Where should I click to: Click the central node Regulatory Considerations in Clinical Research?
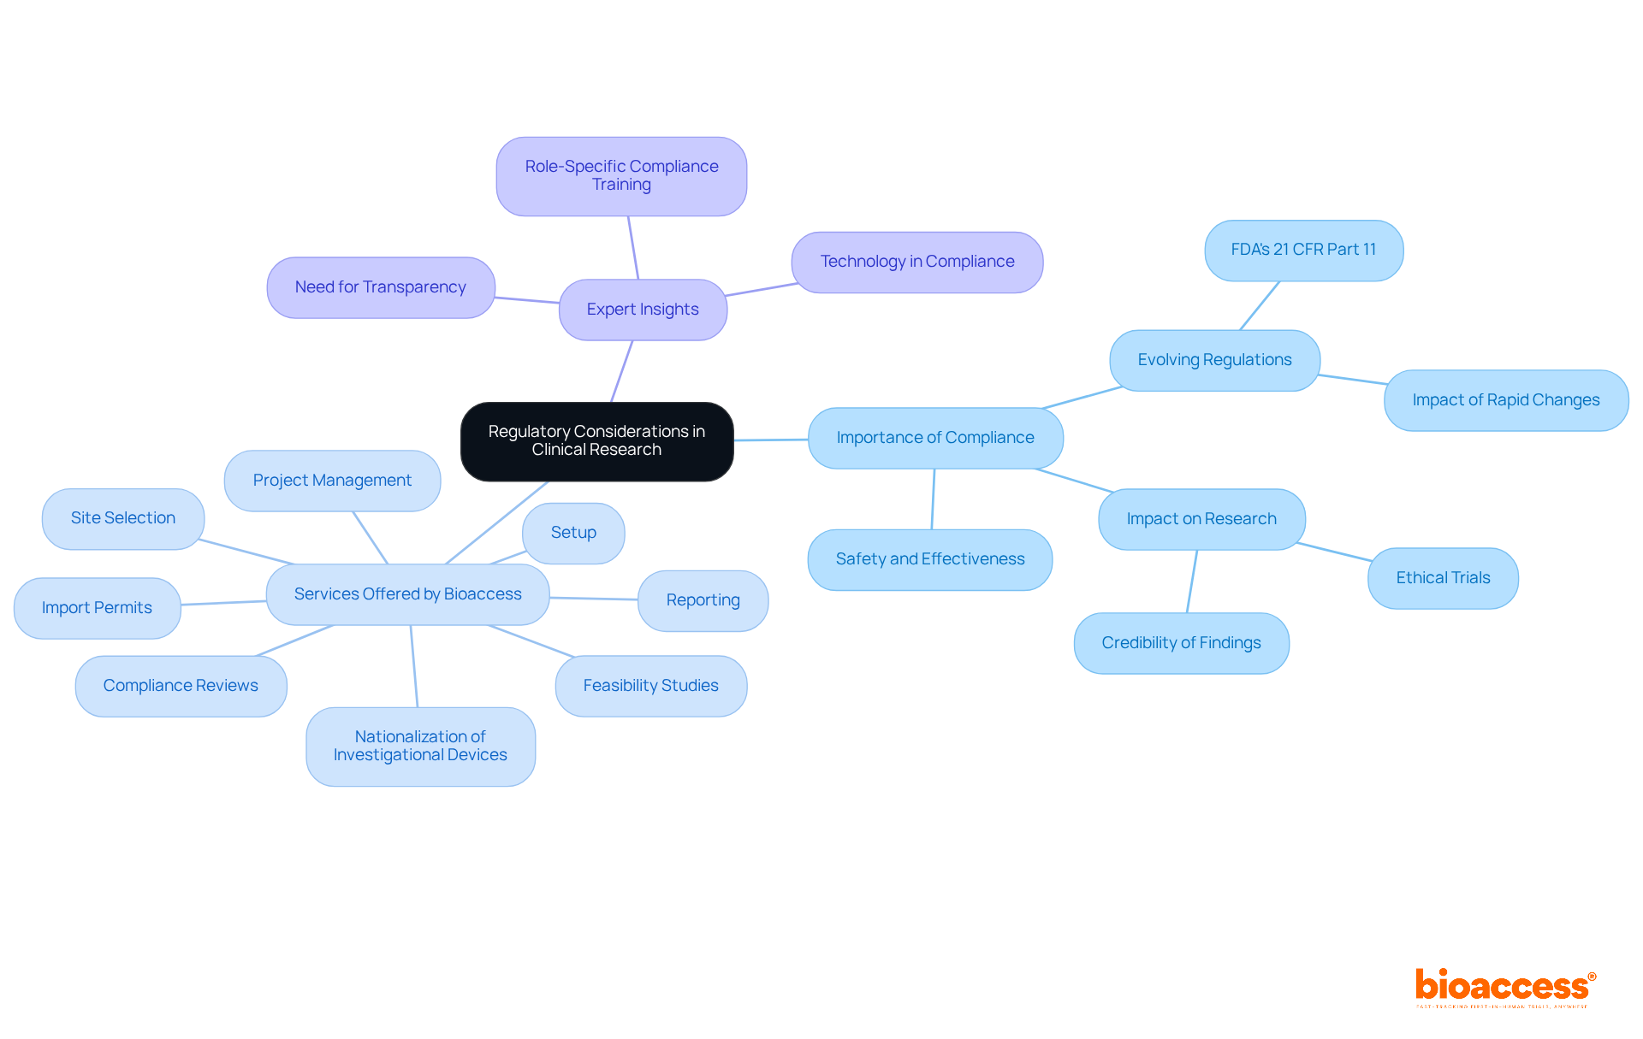point(596,441)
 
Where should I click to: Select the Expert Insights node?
point(643,310)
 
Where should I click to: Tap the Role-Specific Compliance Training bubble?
point(621,176)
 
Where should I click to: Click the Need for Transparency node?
point(381,287)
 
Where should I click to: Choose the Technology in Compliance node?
point(916,262)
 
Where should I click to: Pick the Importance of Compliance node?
point(935,438)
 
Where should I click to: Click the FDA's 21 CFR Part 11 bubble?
point(1303,250)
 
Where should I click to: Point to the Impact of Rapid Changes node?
point(1505,400)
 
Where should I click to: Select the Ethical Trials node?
point(1443,578)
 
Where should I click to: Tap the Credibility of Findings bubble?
point(1181,643)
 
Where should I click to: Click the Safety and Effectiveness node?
point(930,559)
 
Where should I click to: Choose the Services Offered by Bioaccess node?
point(407,594)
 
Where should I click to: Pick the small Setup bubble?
point(573,533)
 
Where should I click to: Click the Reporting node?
point(703,600)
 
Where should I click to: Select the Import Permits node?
point(97,608)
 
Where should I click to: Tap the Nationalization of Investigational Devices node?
point(420,746)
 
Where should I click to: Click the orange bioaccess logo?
point(1504,987)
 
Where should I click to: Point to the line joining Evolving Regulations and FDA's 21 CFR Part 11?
point(1260,305)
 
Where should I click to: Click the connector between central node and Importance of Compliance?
point(771,440)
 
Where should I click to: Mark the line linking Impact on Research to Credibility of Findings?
point(1192,581)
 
